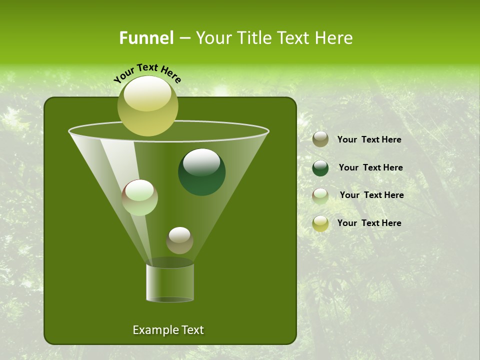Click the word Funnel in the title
pyautogui.click(x=146, y=38)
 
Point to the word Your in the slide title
pyautogui.click(x=212, y=38)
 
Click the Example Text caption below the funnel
pyautogui.click(x=168, y=330)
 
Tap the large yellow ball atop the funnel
pyautogui.click(x=147, y=106)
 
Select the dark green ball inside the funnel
pyautogui.click(x=201, y=172)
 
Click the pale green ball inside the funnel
pyautogui.click(x=139, y=197)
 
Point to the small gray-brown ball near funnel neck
pyautogui.click(x=179, y=240)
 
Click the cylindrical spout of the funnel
pyautogui.click(x=170, y=283)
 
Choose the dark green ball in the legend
pyautogui.click(x=320, y=168)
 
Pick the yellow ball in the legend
pyautogui.click(x=320, y=223)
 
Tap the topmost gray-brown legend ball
pyautogui.click(x=320, y=139)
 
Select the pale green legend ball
pyautogui.click(x=320, y=196)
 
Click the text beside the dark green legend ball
pyautogui.click(x=370, y=167)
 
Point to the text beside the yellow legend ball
pyautogui.click(x=369, y=223)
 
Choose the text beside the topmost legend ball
pyautogui.click(x=369, y=139)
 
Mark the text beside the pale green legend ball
pyautogui.click(x=371, y=195)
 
